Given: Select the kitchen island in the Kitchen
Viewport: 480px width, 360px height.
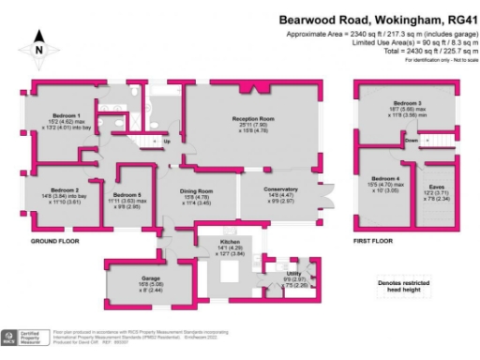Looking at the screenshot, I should tap(227, 275).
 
